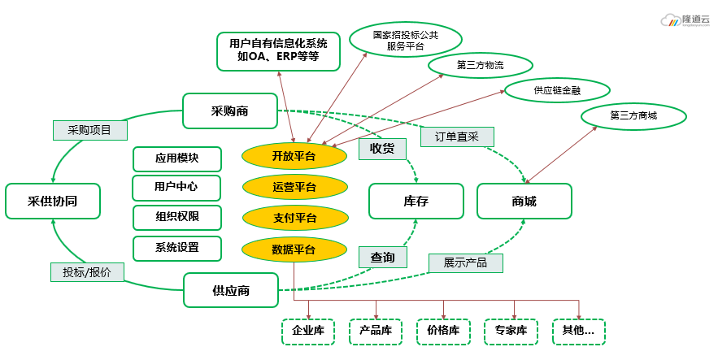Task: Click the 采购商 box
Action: [229, 111]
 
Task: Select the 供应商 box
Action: [230, 290]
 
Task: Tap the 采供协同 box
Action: [53, 201]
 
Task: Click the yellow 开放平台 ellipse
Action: [294, 155]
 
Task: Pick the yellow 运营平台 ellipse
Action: [294, 187]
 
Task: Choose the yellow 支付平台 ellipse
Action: [294, 218]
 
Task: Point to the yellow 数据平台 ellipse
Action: [294, 249]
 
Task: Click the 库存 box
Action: [416, 202]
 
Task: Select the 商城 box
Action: [524, 202]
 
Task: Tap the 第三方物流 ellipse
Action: [480, 65]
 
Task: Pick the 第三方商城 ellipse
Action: [633, 115]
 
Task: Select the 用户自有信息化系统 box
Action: [278, 50]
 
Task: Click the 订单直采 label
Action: [456, 137]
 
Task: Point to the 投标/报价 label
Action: [87, 272]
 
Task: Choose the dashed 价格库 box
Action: [443, 331]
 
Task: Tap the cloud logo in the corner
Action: [671, 20]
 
